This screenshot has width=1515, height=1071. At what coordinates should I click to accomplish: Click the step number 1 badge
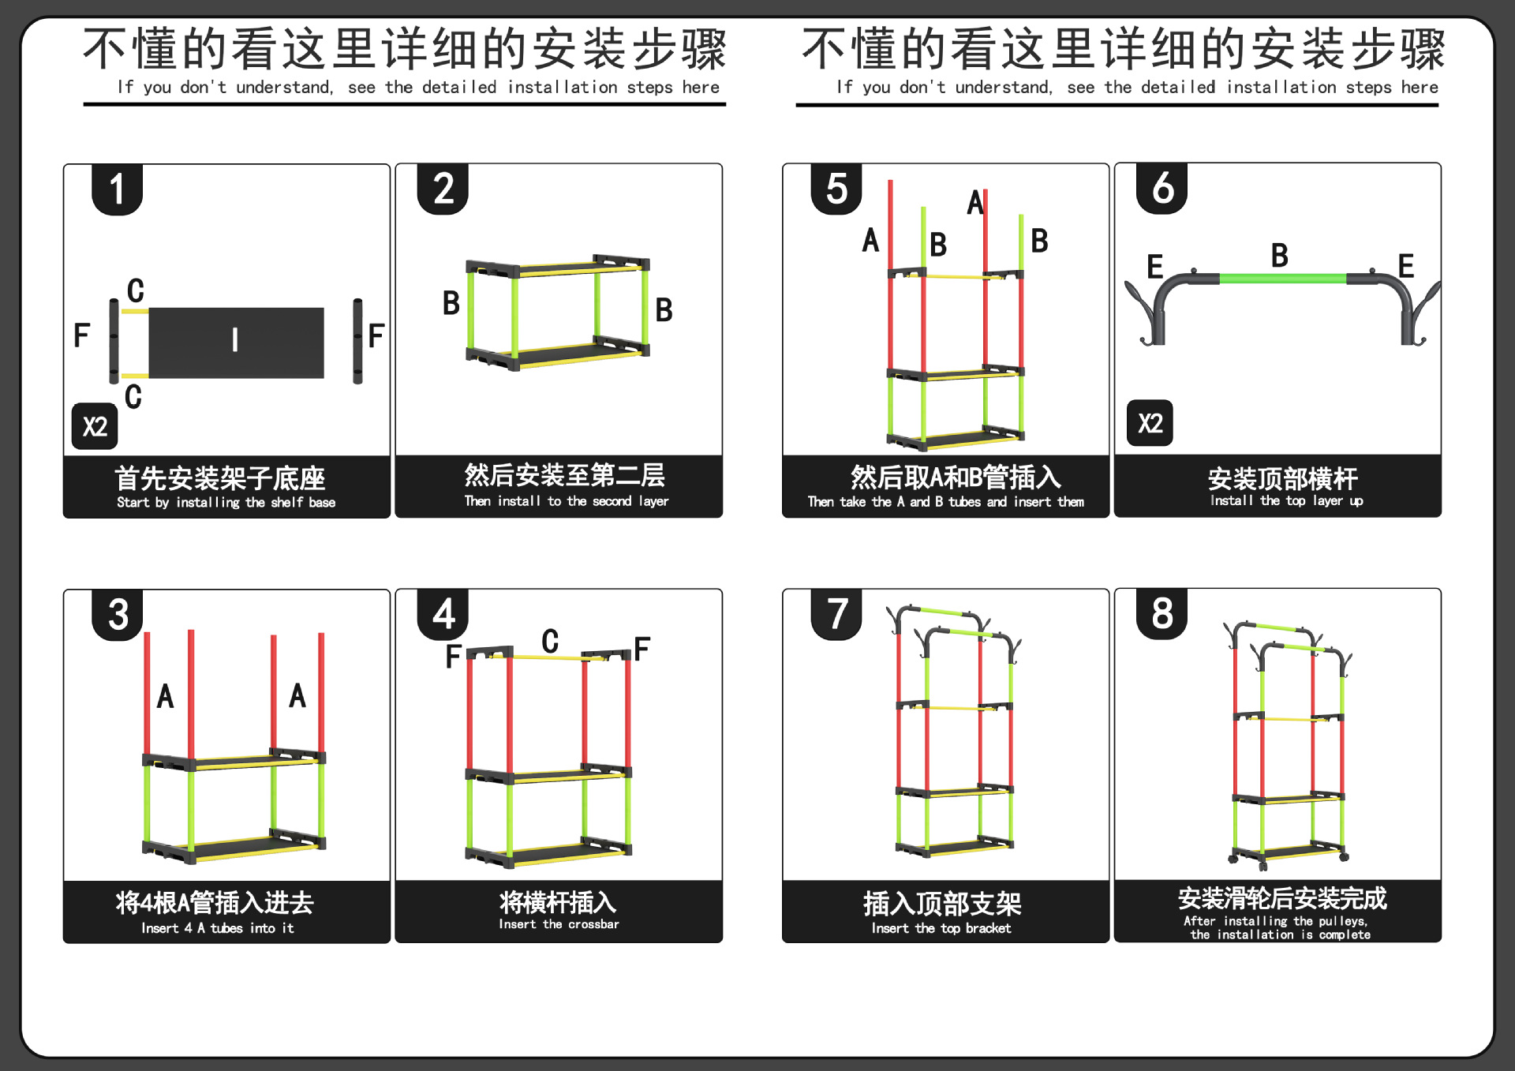[x=117, y=189]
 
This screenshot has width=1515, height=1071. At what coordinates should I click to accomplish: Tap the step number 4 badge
[x=443, y=614]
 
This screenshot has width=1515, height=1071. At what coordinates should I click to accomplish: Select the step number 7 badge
[x=836, y=614]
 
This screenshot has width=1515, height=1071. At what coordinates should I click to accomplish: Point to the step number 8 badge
[x=1161, y=613]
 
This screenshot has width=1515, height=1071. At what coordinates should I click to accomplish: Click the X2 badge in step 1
[x=95, y=426]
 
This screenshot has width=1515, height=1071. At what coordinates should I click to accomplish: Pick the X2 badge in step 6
[x=1150, y=423]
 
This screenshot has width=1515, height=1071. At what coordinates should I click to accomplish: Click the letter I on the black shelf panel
[x=235, y=340]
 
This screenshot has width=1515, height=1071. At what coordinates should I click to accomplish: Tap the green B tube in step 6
[x=1282, y=279]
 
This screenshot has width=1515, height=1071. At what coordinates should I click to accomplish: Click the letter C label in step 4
[x=550, y=641]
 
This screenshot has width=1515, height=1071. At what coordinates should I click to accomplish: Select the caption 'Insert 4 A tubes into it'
[x=218, y=928]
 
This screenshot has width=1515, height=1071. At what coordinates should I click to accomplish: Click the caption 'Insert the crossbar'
[x=559, y=924]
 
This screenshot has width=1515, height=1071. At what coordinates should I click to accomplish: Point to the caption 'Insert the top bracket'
[x=941, y=928]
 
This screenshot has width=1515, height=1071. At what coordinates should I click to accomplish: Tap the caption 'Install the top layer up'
[x=1286, y=500]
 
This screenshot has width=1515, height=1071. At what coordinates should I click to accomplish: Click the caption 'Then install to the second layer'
[x=566, y=501]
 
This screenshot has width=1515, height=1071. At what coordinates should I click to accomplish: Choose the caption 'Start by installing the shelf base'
[x=226, y=503]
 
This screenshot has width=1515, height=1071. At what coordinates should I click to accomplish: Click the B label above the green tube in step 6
[x=1279, y=255]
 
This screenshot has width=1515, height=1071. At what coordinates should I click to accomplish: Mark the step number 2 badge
[x=443, y=189]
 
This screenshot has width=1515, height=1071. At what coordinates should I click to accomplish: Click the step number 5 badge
[x=836, y=189]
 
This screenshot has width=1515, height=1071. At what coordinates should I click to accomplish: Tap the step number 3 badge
[x=118, y=615]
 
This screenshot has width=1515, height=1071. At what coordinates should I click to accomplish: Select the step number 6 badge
[x=1161, y=189]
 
